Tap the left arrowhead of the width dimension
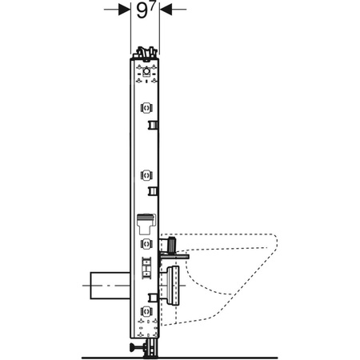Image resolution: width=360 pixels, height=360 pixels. [x=126, y=10]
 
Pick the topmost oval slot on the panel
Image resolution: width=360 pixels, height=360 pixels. [x=147, y=108]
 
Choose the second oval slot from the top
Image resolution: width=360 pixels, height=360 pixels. [x=147, y=174]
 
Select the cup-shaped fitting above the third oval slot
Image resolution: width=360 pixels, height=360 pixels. [x=147, y=222]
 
